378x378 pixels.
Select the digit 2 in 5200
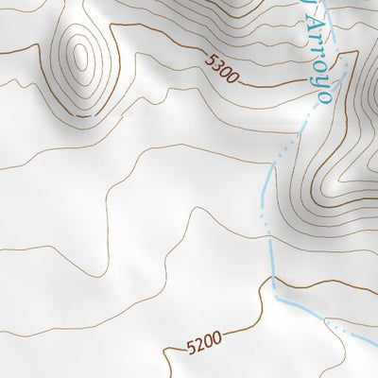(199, 345)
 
